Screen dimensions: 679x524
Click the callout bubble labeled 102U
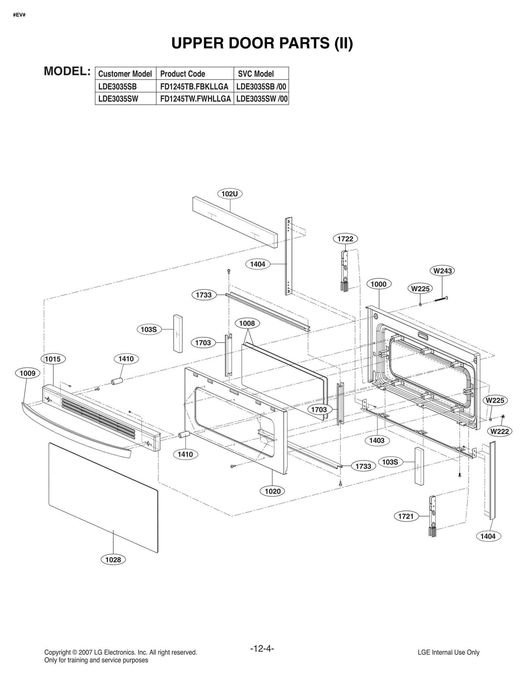(x=230, y=194)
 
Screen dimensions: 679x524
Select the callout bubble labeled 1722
(x=345, y=239)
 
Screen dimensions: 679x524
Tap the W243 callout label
(x=442, y=271)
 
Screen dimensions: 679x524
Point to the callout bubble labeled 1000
(x=379, y=284)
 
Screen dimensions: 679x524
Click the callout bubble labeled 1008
(x=247, y=324)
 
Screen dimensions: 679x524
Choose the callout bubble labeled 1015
(x=53, y=359)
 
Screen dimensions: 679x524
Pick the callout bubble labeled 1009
(x=28, y=373)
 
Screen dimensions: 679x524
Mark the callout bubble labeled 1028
(x=113, y=560)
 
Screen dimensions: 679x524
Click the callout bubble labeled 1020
(x=272, y=491)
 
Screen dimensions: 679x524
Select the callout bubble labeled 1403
(x=377, y=441)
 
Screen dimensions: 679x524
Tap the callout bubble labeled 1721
(x=406, y=517)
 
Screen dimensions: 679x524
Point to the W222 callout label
(x=500, y=431)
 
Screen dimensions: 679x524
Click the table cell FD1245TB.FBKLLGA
(x=194, y=86)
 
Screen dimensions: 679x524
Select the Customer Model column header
(x=125, y=74)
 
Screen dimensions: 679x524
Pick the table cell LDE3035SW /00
(x=261, y=99)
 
